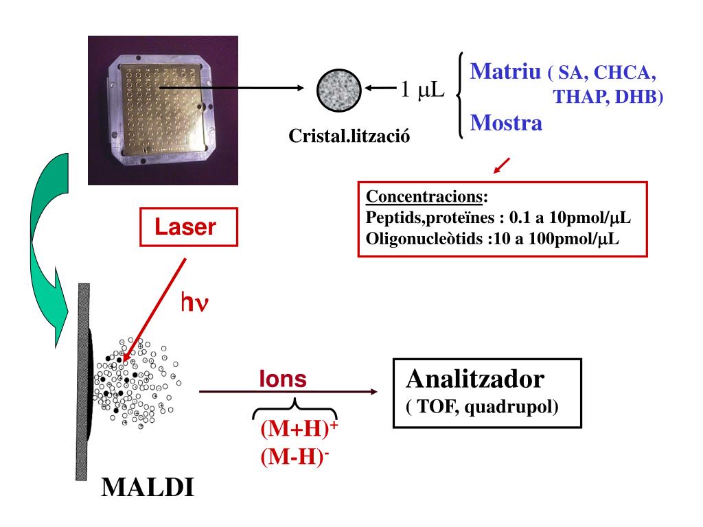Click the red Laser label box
189,227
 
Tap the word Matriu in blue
505,71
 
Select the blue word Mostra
506,124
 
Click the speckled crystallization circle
338,90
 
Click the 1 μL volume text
422,89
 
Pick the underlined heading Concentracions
425,198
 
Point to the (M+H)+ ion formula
299,430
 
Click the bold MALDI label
148,488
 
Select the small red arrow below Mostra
502,165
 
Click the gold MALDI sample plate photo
163,110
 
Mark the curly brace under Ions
295,409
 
